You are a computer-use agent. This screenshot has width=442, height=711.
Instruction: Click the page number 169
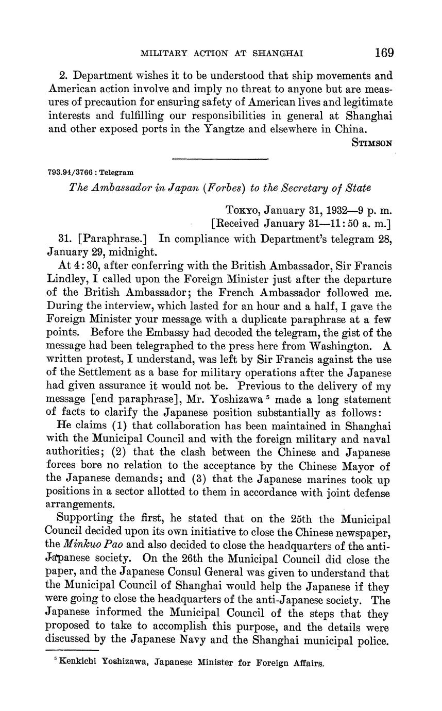[x=384, y=53]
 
